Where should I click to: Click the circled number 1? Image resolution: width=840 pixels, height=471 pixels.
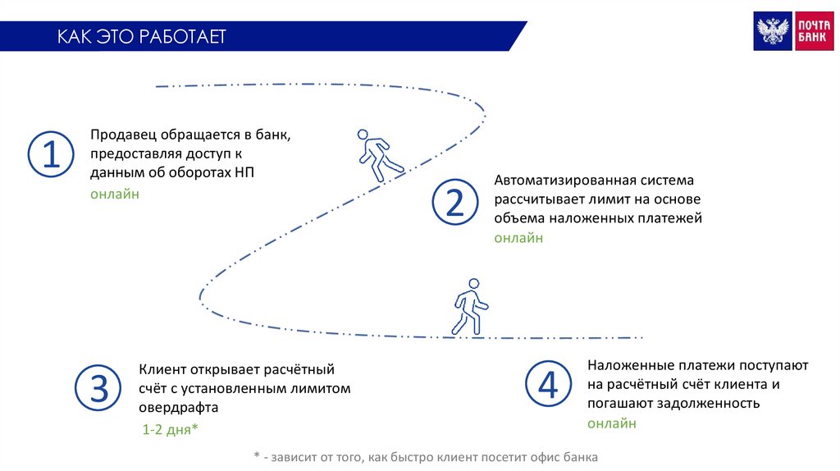52,154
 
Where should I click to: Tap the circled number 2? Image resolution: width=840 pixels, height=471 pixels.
454,203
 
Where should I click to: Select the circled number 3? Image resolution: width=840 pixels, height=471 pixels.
98,388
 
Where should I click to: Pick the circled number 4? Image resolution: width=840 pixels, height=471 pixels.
547,383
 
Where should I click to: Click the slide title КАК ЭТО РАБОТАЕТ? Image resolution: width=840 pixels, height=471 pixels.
141,37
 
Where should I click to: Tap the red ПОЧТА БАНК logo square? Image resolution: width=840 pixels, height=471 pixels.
813,31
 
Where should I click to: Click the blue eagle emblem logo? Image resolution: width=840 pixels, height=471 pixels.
773,31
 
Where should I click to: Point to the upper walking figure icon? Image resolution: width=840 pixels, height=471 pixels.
377,154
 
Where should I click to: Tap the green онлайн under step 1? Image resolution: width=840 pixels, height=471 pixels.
115,194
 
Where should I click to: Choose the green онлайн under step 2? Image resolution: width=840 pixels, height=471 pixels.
518,238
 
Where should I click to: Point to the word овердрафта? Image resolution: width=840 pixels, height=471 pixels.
178,408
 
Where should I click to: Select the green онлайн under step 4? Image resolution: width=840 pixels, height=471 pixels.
611,423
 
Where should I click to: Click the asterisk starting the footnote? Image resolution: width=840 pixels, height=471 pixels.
257,456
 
